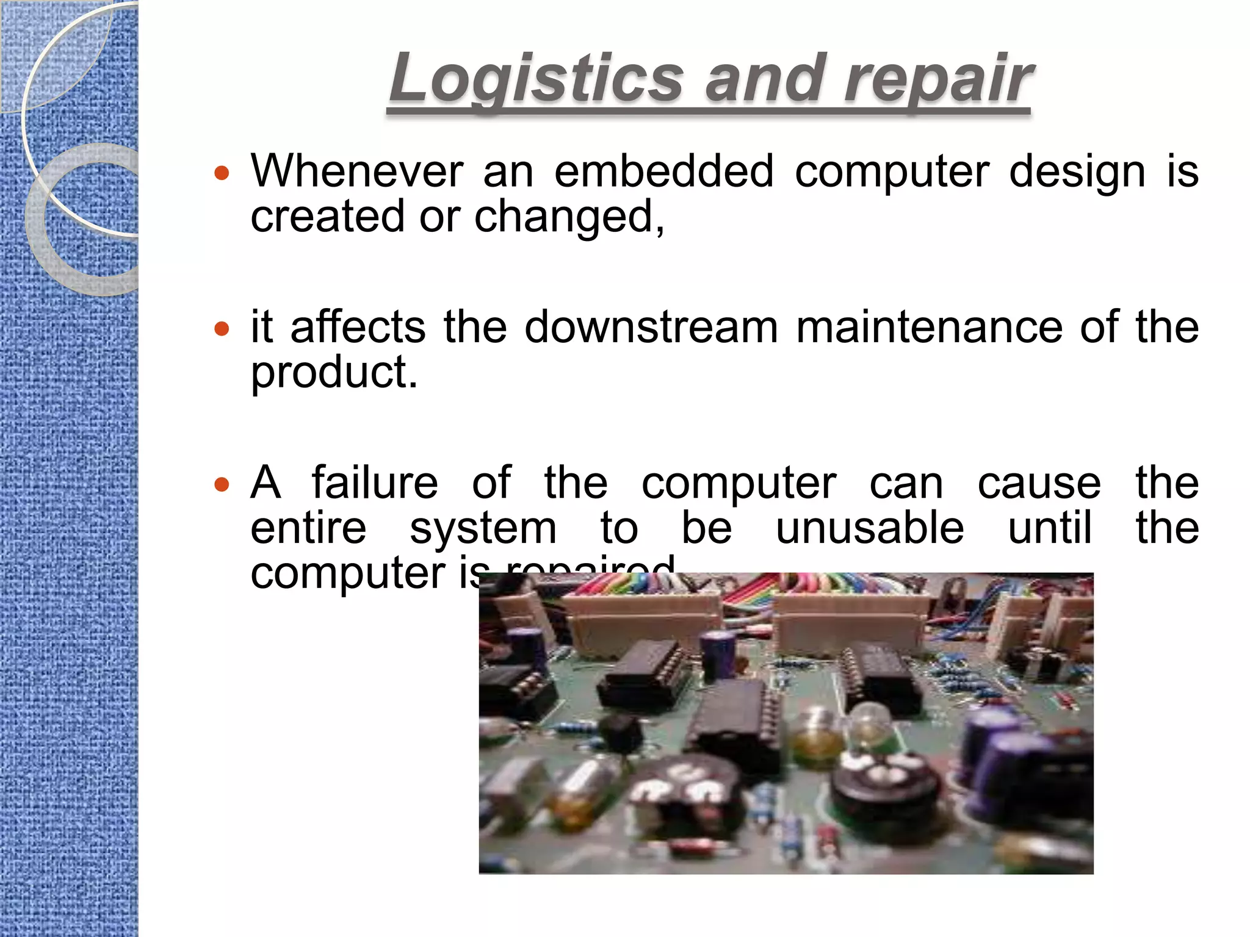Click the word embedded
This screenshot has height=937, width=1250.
664,172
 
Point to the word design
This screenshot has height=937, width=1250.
1077,172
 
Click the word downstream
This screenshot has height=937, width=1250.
651,328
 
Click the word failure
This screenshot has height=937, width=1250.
375,483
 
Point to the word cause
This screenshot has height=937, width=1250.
1039,483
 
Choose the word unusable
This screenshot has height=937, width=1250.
870,528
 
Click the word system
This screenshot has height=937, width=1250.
483,528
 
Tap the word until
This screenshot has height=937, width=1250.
1049,528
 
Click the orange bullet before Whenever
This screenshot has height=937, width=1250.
222,174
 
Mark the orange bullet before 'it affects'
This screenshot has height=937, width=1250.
222,329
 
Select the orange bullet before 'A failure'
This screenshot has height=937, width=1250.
222,485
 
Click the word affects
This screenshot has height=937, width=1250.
358,328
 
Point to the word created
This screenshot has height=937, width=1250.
328,218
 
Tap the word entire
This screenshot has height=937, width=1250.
308,528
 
